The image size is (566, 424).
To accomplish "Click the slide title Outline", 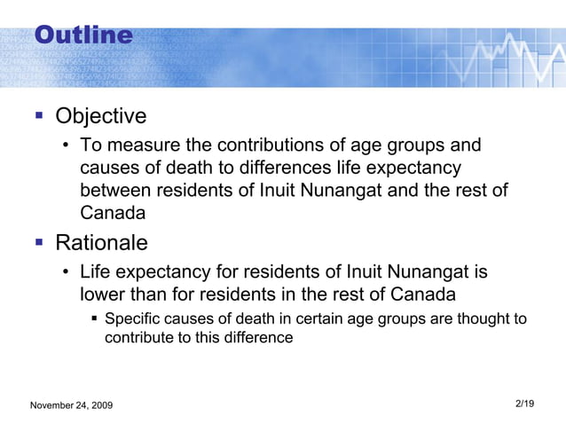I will pos(83,35).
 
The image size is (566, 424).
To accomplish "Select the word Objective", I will pos(100,117).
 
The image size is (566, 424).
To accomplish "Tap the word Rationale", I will pos(101,242).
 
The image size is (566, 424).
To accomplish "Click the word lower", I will pos(103,294).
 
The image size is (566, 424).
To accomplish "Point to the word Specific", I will pos(133,318).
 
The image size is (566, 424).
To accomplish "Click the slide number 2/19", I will pos(524,404).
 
